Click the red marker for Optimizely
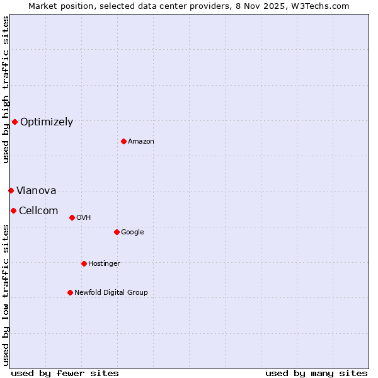point(14,122)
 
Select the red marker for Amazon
point(123,141)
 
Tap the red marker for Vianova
point(11,190)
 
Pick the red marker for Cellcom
point(13,210)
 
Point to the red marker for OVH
point(72,217)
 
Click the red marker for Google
point(117,232)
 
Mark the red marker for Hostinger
point(84,263)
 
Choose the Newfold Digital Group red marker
point(70,292)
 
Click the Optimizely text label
point(47,122)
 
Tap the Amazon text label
point(141,141)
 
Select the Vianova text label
point(37,191)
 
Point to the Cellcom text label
point(38,211)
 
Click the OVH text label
point(84,218)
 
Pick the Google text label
point(132,232)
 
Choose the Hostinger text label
point(104,263)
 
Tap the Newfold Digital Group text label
point(111,292)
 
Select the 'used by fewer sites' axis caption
point(65,374)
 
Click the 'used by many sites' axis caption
point(316,374)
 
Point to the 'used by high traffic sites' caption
point(6,89)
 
